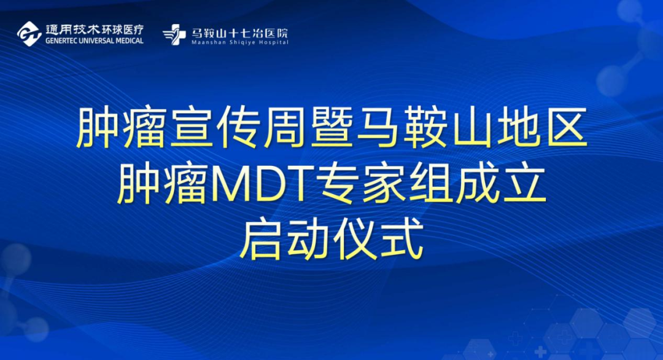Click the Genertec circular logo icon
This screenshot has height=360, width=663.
click(29, 34)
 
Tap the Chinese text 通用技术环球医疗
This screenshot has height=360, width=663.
click(95, 29)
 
